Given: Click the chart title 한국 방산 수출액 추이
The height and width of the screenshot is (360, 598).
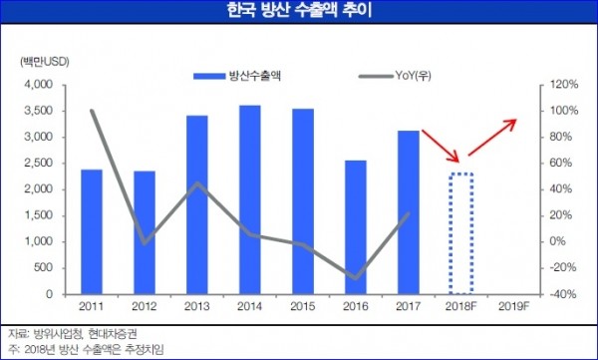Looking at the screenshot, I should tap(299, 13).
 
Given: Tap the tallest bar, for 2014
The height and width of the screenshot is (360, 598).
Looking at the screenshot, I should tap(249, 199).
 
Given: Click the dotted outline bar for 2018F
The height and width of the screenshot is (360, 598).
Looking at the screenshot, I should tap(461, 233).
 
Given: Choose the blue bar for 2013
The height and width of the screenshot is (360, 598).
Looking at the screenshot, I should tap(196, 204).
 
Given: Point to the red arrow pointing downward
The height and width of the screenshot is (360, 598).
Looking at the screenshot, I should tap(442, 145).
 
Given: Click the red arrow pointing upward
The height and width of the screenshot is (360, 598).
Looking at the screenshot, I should tap(493, 137).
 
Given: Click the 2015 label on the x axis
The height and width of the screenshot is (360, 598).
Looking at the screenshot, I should tap(302, 306).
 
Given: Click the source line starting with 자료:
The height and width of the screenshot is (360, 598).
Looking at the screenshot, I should tap(76, 333).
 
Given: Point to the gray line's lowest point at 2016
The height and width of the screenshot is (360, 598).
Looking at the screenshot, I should tap(356, 277).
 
